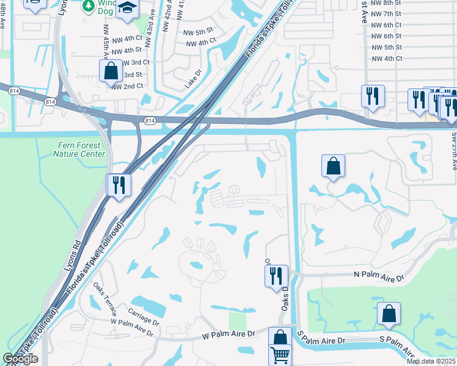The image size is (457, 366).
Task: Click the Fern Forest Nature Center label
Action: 79,149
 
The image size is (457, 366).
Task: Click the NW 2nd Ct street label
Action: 126,87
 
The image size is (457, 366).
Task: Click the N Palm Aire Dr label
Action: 379,276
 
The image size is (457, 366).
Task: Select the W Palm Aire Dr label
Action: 228,334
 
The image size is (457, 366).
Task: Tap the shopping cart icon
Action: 280,355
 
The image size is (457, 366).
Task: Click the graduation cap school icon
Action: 128,9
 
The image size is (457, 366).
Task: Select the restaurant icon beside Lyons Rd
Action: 119,185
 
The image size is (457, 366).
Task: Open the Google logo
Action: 20,359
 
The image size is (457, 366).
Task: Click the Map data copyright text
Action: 431,361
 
